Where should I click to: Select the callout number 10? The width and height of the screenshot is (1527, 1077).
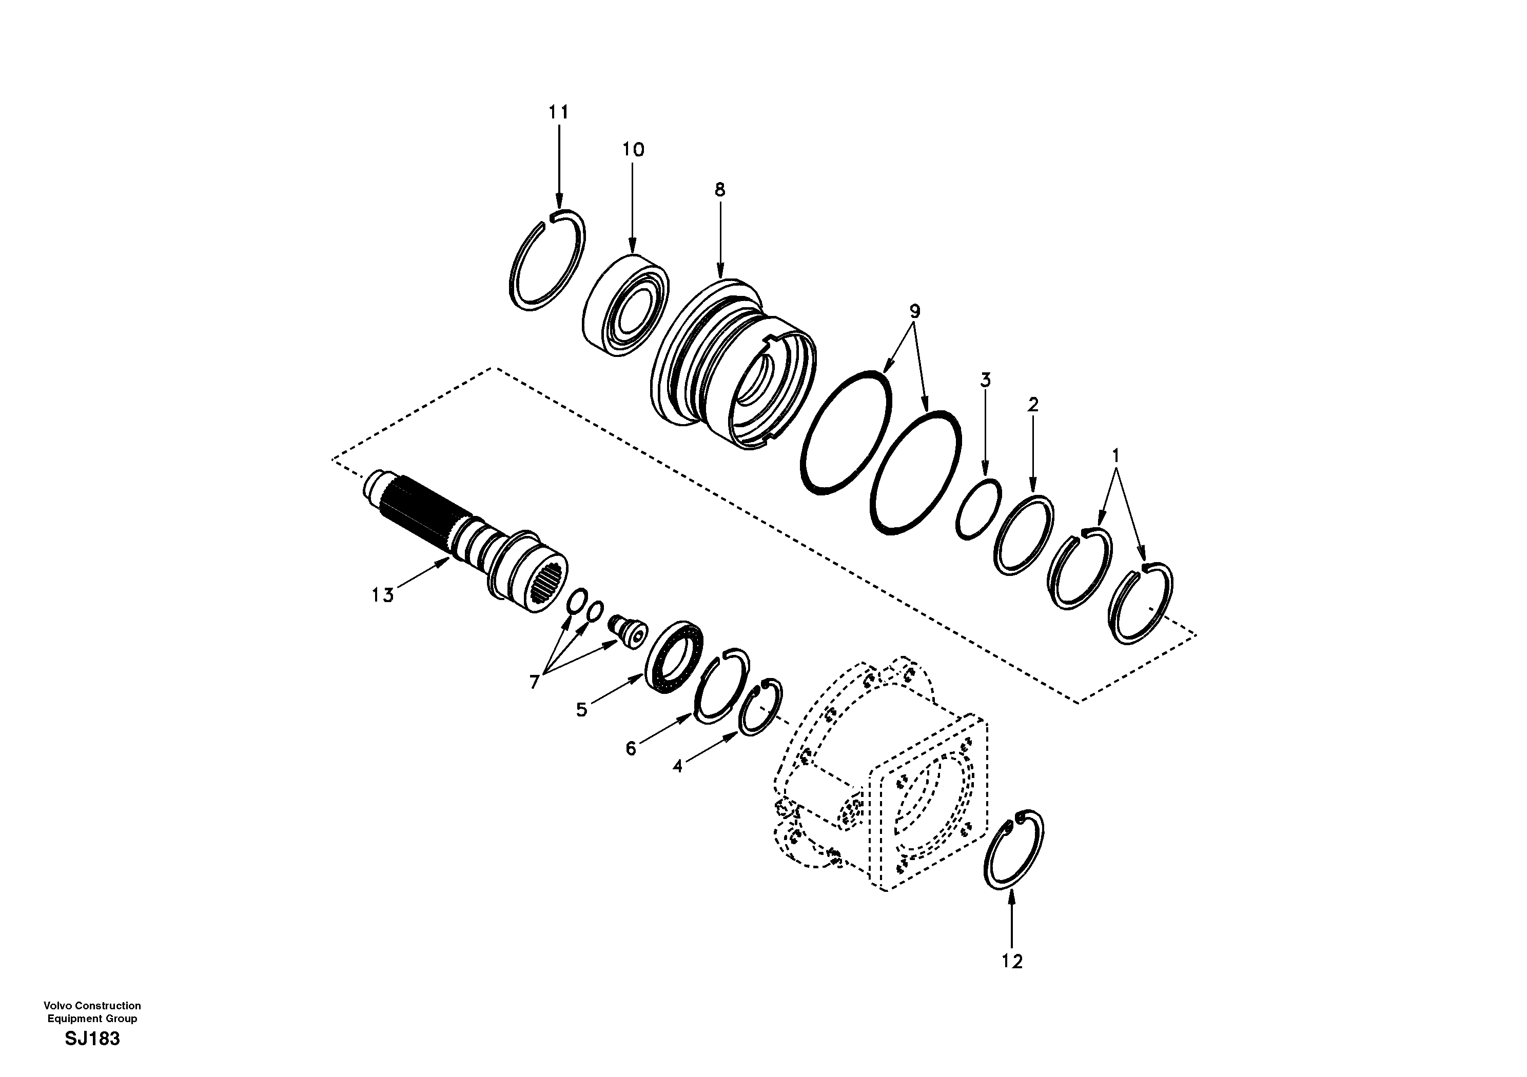coord(633,150)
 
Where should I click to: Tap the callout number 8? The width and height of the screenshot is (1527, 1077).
coord(719,189)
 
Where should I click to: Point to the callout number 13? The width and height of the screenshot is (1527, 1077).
coord(382,595)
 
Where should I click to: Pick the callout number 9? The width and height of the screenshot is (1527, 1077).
coord(914,310)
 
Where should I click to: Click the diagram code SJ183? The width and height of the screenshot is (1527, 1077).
coord(92,1039)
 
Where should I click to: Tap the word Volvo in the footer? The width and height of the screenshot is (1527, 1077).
coord(56,1006)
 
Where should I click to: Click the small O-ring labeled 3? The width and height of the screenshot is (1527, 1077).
coord(979,509)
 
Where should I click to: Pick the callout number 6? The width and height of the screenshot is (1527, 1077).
coord(631,749)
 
